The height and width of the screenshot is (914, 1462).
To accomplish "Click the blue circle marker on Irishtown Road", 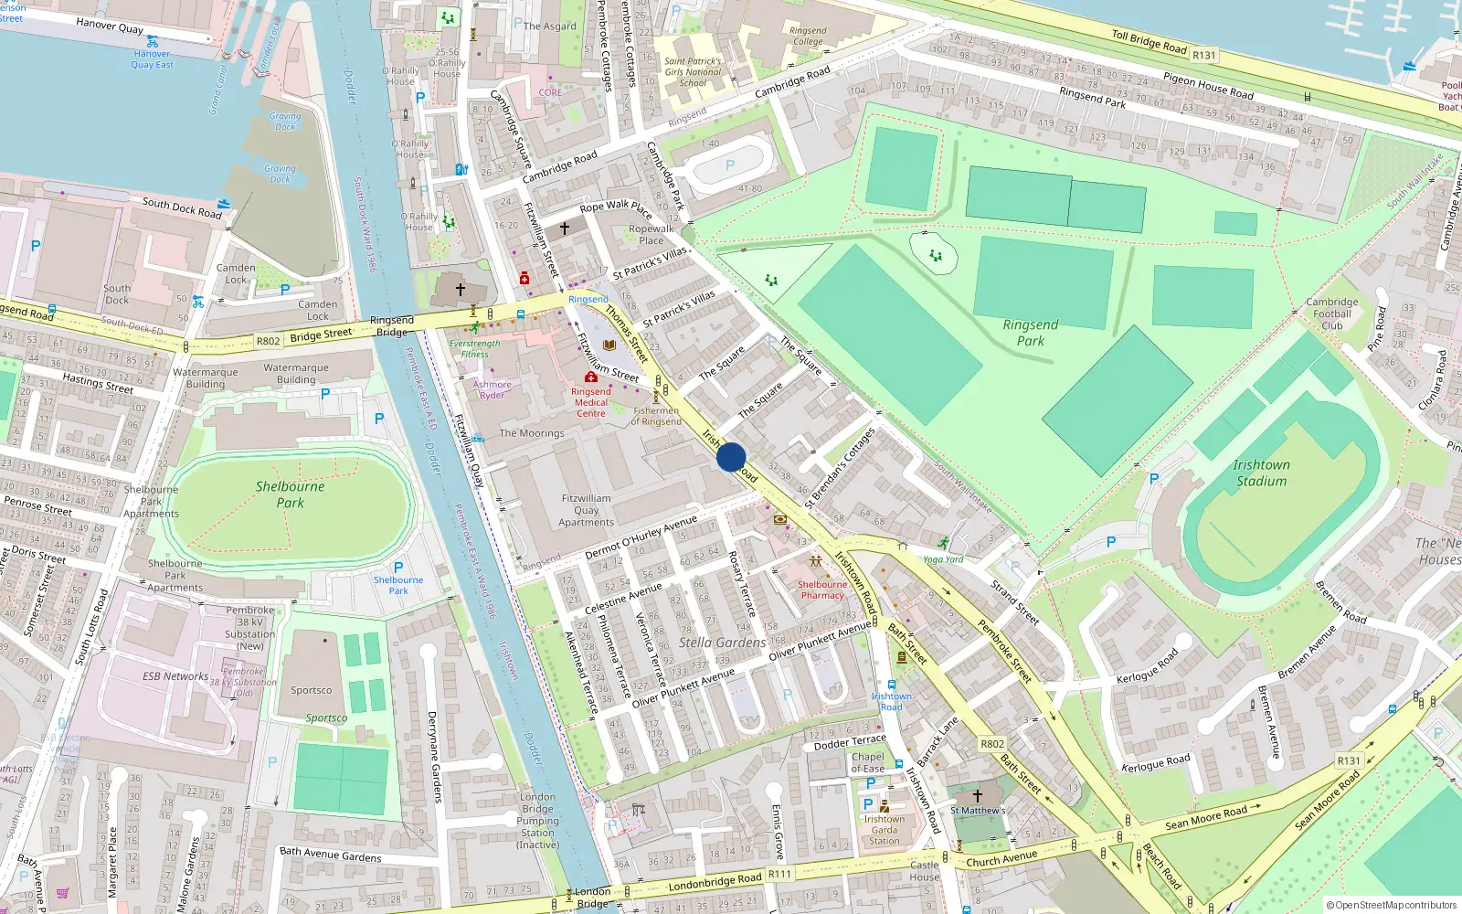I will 731,457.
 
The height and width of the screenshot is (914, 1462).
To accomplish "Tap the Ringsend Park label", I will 1030,333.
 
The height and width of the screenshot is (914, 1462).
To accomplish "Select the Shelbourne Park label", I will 290,494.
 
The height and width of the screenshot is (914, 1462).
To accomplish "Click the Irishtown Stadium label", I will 1261,473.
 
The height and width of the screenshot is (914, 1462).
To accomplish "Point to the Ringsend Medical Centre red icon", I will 591,377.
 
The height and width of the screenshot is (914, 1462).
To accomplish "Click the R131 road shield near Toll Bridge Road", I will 1204,55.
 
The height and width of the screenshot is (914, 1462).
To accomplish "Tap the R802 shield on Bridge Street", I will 268,341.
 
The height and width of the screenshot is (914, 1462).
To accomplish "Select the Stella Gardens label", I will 722,643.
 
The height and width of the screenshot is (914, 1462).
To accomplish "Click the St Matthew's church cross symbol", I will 978,795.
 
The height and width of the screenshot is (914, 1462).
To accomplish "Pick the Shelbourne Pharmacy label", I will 822,590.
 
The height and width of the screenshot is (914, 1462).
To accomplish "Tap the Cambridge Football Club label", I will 1331,314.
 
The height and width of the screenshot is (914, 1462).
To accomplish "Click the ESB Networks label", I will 175,676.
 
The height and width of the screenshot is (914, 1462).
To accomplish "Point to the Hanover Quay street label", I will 110,25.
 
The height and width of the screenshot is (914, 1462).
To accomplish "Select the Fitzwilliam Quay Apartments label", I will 587,510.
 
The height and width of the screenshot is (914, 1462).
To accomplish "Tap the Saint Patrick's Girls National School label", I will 693,72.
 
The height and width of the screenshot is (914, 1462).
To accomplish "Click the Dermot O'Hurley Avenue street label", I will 641,537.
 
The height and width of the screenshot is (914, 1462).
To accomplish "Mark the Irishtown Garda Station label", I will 885,830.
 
